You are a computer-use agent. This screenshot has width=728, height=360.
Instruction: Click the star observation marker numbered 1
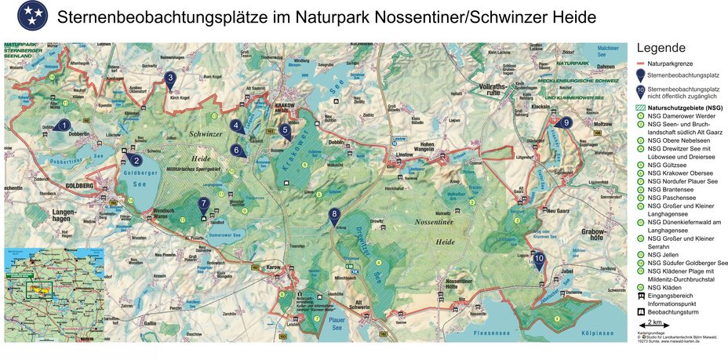[64, 125]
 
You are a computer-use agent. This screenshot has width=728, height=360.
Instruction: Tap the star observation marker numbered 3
[170, 78]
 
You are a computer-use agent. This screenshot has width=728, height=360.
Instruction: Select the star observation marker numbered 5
[285, 131]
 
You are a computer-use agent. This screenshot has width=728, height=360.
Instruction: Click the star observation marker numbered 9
[566, 122]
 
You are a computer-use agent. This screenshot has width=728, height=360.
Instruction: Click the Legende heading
[661, 47]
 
